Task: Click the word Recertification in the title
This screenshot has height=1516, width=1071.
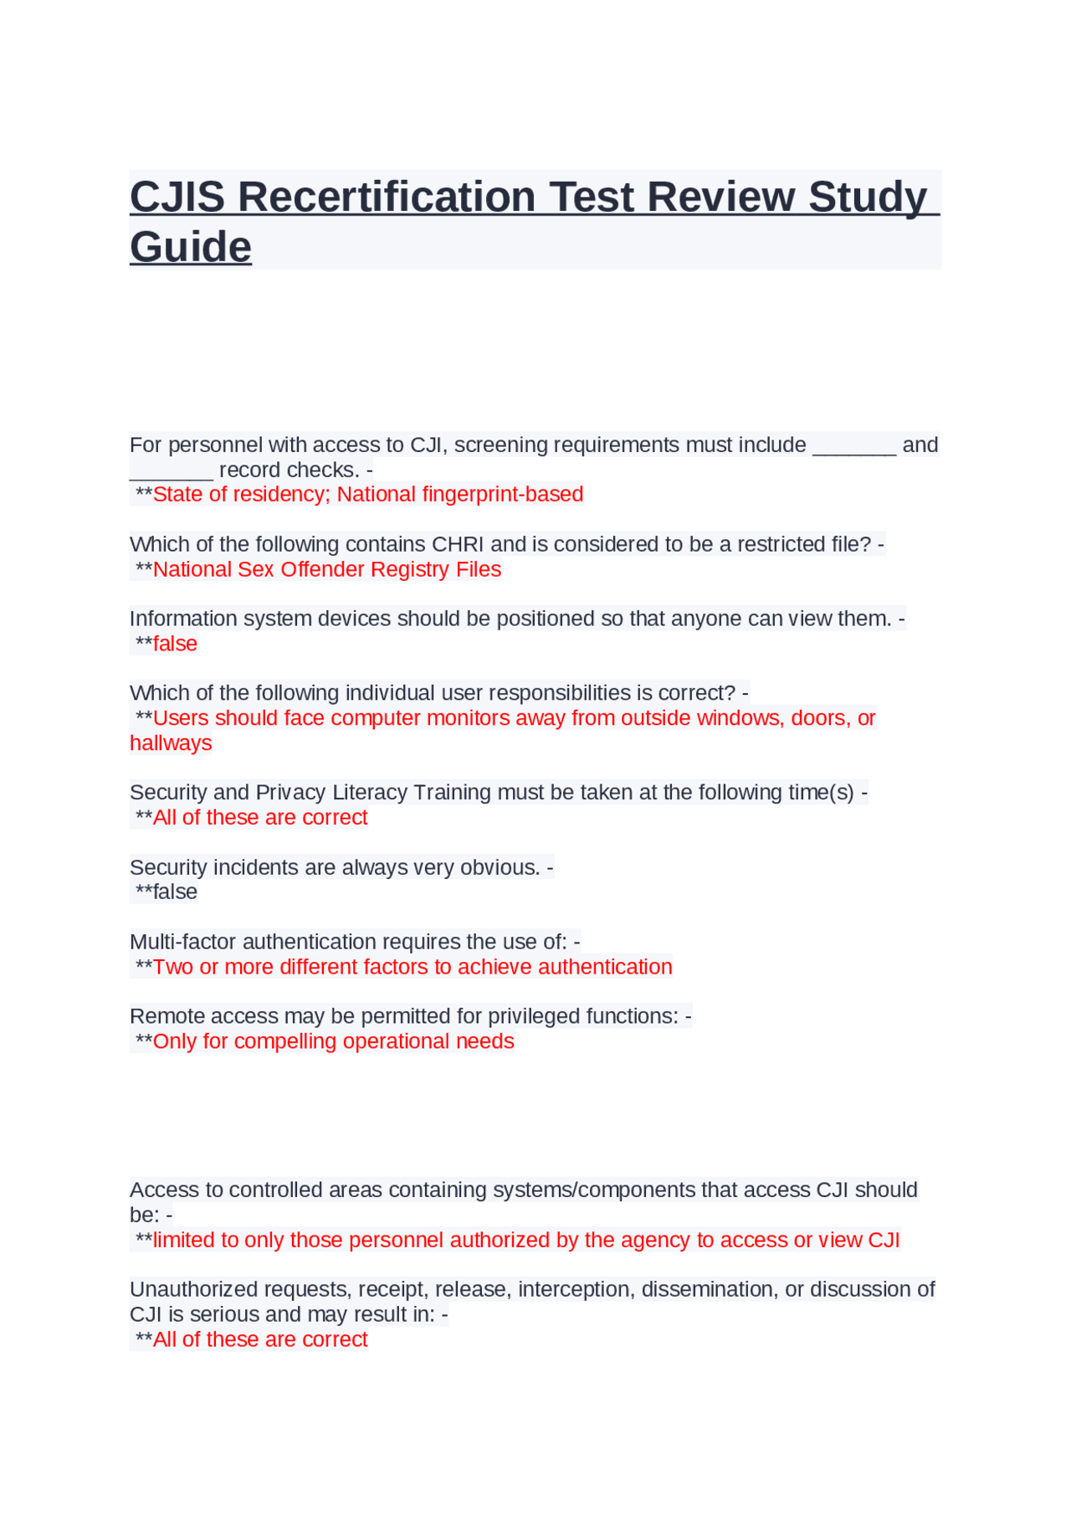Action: (387, 198)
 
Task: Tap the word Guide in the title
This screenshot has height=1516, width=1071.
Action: (191, 248)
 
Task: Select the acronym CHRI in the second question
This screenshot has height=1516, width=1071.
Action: (458, 544)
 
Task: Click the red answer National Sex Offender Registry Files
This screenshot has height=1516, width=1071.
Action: (326, 569)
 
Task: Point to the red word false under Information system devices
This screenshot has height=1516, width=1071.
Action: (175, 644)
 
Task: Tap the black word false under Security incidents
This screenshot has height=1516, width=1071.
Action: (175, 892)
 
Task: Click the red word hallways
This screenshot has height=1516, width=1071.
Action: (171, 743)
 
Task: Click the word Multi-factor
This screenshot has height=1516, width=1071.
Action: (183, 942)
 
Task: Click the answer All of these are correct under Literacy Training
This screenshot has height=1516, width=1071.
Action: (259, 818)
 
